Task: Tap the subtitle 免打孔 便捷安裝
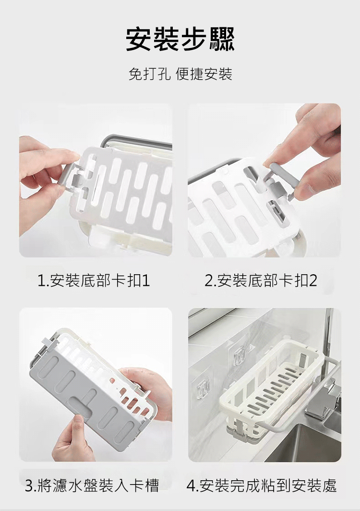coord(180,74)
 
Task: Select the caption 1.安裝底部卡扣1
coord(94,280)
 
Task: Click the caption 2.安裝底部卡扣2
coord(261,280)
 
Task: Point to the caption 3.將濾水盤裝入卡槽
coord(92,485)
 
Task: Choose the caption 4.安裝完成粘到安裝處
coord(262,485)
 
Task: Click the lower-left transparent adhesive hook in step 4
coord(202,386)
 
